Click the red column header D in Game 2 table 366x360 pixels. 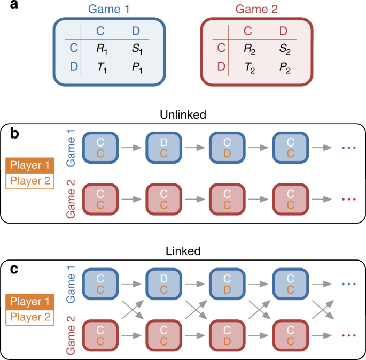[283, 30]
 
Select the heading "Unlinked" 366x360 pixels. [182, 115]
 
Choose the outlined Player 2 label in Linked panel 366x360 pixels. [30, 317]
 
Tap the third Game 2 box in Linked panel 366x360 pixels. [227, 335]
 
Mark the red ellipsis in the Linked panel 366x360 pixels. [348, 335]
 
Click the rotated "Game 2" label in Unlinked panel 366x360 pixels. [71, 198]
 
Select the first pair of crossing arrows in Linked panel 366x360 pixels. [133, 309]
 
